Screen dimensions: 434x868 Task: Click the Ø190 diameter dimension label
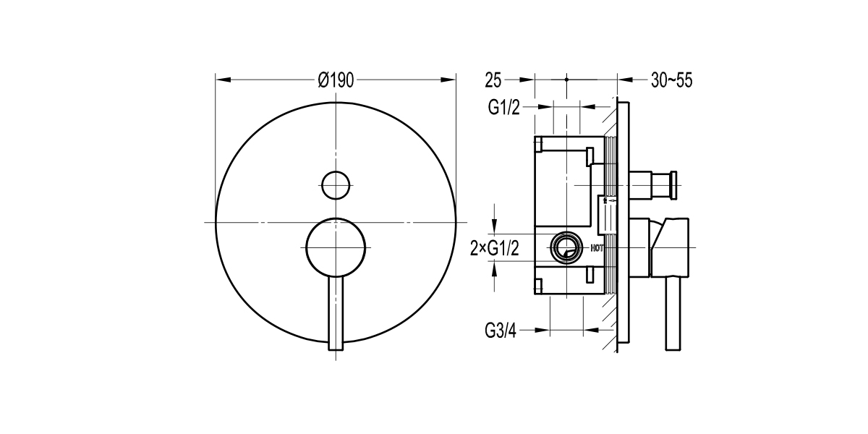[335, 80]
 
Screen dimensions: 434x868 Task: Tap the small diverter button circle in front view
[335, 184]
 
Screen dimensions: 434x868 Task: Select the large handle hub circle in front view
[335, 247]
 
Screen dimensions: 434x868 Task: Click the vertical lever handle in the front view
[335, 311]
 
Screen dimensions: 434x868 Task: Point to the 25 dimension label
[494, 80]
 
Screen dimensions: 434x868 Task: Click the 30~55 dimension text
[671, 80]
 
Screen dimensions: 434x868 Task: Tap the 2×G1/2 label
[495, 248]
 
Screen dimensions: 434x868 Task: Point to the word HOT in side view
[597, 248]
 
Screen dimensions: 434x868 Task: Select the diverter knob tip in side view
[673, 184]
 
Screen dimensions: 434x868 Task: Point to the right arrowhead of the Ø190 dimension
[451, 80]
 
